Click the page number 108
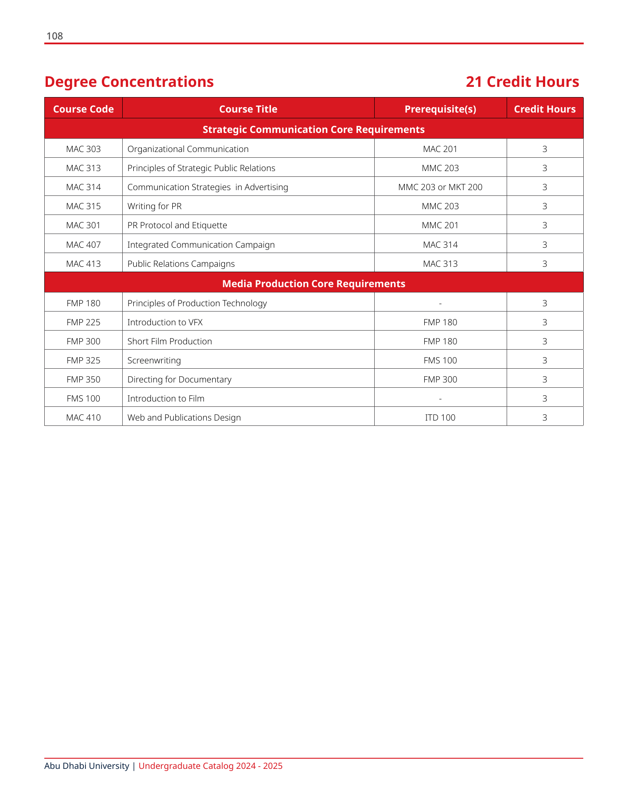pos(54,36)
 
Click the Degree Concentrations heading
pos(129,82)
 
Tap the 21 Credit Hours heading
pos(522,82)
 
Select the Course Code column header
pos(83,109)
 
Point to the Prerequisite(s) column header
pos(440,109)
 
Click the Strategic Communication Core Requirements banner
pos(314,129)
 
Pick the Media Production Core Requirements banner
pos(314,284)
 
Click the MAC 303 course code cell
pos(83,149)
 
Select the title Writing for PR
pos(155,206)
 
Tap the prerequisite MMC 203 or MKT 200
pos(440,187)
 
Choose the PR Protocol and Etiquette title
pos(177,225)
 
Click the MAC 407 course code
pos(83,245)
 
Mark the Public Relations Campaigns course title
pos(181,264)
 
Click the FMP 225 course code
pos(83,322)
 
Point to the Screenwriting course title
pos(154,360)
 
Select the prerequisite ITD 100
pos(440,417)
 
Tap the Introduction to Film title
pos(166,398)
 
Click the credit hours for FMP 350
pos(545,379)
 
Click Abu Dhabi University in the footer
pos(87,766)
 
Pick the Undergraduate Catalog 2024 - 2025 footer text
pos(210,766)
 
